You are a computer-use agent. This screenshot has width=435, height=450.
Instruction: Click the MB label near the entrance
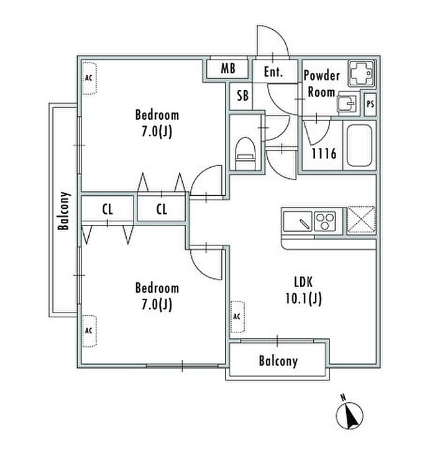tap(228, 68)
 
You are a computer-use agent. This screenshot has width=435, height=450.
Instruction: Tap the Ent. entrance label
tap(273, 71)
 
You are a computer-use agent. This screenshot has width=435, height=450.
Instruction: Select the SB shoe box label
tap(242, 96)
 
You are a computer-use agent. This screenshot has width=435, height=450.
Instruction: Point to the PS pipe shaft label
tap(370, 104)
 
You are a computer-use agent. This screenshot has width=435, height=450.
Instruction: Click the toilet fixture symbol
tap(245, 154)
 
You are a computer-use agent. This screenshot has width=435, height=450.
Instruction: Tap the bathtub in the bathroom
tap(360, 145)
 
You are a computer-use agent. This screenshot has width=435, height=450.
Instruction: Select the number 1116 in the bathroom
tap(324, 154)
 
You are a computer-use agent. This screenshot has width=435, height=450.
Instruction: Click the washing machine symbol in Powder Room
tap(362, 73)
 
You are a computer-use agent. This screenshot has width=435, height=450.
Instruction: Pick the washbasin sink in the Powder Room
tap(348, 103)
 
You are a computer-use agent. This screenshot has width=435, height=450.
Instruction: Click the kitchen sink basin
tap(298, 221)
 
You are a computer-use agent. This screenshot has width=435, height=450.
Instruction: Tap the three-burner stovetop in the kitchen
tap(325, 221)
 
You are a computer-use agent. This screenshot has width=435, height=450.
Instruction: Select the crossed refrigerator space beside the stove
tap(361, 219)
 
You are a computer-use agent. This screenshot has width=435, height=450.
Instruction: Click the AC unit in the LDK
tap(237, 317)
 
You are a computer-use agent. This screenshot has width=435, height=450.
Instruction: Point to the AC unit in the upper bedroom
tap(89, 78)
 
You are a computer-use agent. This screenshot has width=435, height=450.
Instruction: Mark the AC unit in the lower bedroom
tap(89, 331)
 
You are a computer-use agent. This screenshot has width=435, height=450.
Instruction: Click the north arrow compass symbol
tap(349, 415)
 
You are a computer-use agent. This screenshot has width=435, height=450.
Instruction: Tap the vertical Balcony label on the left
tap(64, 211)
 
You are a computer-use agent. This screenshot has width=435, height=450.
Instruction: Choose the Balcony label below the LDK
tap(278, 361)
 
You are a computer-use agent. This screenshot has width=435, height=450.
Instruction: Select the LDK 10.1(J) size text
tap(304, 290)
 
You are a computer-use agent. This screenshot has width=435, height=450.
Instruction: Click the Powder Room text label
tap(322, 84)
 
